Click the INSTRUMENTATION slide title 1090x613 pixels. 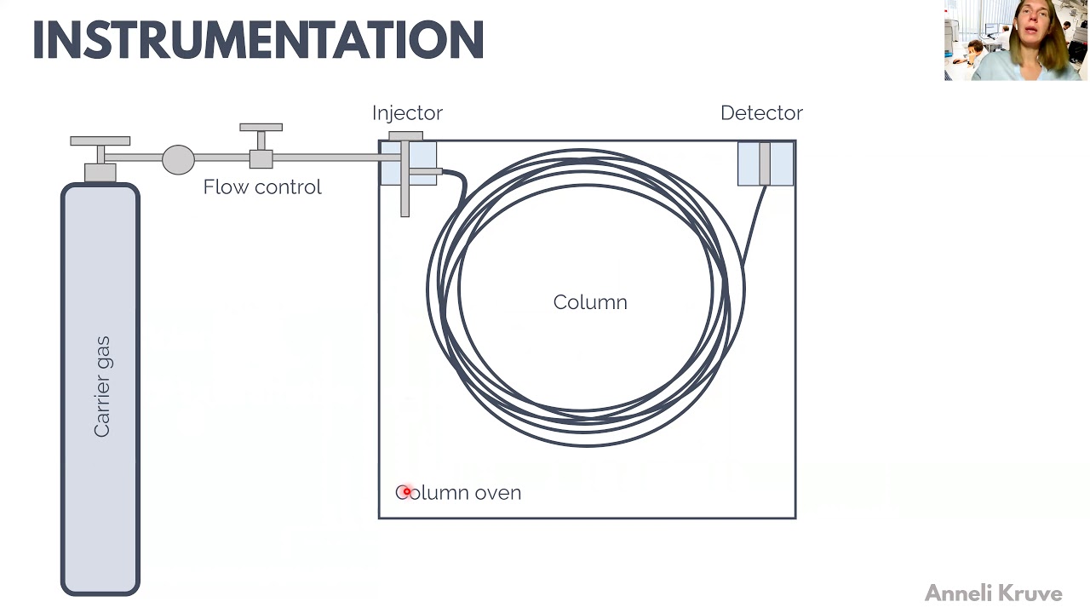pyautogui.click(x=258, y=40)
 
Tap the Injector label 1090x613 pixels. pyautogui.click(x=407, y=113)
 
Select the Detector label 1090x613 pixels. pyautogui.click(x=761, y=113)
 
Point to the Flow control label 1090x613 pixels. pyautogui.click(x=262, y=187)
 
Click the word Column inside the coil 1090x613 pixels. pyautogui.click(x=590, y=302)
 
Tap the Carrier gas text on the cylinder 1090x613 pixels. pyautogui.click(x=102, y=387)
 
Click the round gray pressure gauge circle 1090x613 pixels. pyautogui.click(x=178, y=159)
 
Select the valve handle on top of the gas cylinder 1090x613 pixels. pyautogui.click(x=100, y=140)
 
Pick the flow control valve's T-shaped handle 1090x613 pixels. pyautogui.click(x=261, y=129)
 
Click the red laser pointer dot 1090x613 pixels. pyautogui.click(x=406, y=491)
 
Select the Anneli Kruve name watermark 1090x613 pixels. pyautogui.click(x=993, y=593)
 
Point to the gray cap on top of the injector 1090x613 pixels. pyautogui.click(x=405, y=136)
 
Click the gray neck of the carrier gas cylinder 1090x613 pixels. pyautogui.click(x=100, y=173)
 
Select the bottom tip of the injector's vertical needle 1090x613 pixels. pyautogui.click(x=404, y=212)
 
